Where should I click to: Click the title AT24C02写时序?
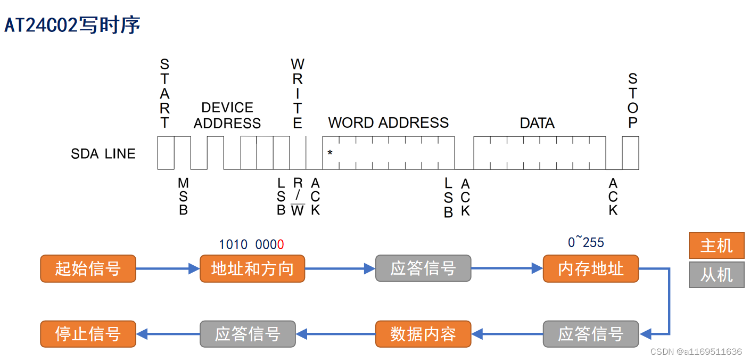pos(72,25)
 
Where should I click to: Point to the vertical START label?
pos(165,94)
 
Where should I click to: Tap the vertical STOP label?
pos(632,101)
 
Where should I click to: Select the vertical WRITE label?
pos(298,94)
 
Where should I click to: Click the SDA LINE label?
pos(103,154)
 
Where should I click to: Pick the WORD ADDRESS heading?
pos(388,122)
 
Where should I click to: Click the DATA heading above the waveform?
pos(537,123)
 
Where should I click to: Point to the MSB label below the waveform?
pos(183,197)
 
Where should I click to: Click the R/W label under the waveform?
pos(298,197)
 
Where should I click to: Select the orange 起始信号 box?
pos(88,268)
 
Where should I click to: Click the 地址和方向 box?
pos(252,268)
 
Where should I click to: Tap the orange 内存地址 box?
pos(590,268)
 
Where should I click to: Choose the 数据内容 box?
pos(423,334)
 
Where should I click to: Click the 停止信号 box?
pos(88,334)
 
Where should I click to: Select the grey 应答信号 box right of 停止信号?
pos(248,334)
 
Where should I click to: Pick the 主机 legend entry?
pos(716,246)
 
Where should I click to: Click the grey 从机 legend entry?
pos(716,275)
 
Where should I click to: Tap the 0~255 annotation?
pos(586,243)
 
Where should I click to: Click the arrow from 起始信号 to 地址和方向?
pos(168,269)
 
